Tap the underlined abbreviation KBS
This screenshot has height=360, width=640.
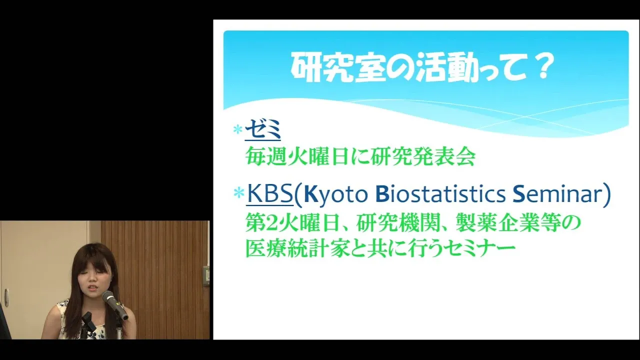pyautogui.click(x=270, y=194)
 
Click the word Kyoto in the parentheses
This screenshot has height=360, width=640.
pyautogui.click(x=335, y=195)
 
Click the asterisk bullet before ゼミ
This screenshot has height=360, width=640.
pyautogui.click(x=237, y=129)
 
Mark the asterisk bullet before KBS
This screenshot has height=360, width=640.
pyautogui.click(x=238, y=193)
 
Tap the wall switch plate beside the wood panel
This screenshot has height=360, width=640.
pyautogui.click(x=206, y=275)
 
